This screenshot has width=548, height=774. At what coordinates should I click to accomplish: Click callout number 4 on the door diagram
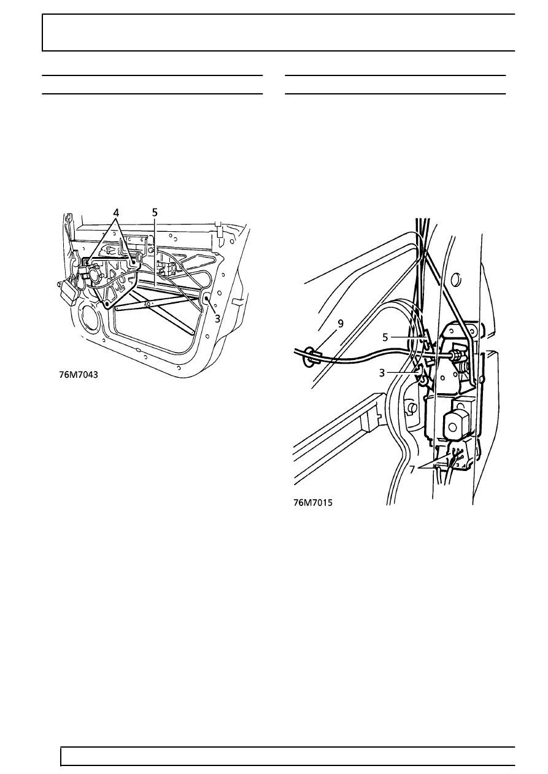pos(116,212)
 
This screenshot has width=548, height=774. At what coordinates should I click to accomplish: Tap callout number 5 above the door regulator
pos(155,212)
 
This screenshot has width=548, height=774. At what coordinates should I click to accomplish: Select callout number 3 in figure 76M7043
pos(217,318)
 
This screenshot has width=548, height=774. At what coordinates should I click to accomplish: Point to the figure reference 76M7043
pos(78,375)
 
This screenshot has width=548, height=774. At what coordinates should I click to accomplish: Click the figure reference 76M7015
pos(313,502)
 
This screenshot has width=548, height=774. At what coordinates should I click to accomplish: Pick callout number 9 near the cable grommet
pos(341,324)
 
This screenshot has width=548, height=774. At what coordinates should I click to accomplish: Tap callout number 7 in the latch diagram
pos(412,470)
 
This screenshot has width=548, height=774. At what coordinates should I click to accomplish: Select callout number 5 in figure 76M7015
pos(385,337)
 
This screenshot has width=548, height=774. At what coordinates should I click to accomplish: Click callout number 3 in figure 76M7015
pos(382,373)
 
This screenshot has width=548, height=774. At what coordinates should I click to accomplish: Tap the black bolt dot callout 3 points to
pos(207,298)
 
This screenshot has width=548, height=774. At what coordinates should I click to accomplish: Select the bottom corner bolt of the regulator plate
pos(107,304)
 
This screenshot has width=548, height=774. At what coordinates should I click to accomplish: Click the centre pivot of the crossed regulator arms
pos(149,304)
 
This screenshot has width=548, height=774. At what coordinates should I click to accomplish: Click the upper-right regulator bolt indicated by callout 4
pos(133,262)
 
